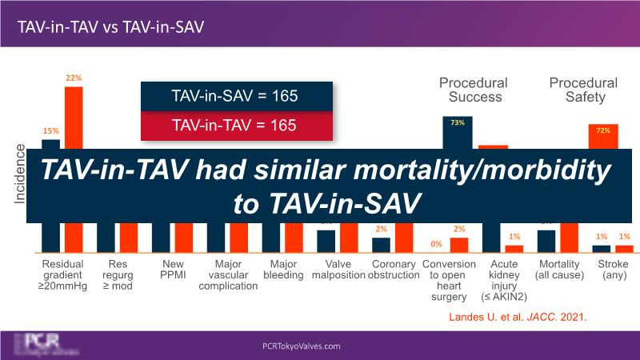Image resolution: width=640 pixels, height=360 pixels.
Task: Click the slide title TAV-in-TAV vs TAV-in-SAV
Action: [111, 26]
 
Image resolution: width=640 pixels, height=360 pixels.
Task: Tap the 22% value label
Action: [74, 78]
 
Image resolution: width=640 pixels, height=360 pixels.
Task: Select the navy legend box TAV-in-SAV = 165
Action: [234, 96]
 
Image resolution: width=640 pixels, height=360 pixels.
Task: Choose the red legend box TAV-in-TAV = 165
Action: [234, 125]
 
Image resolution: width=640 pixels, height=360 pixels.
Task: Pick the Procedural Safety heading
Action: [582, 90]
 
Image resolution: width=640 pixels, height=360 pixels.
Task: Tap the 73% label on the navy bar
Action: [458, 122]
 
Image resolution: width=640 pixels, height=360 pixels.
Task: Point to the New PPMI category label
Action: [172, 269]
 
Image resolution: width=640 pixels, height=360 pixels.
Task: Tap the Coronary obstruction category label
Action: [394, 269]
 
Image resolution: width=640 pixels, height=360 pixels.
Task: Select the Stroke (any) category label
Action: [613, 269]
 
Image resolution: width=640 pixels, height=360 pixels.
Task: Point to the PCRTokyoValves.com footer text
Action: [302, 346]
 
